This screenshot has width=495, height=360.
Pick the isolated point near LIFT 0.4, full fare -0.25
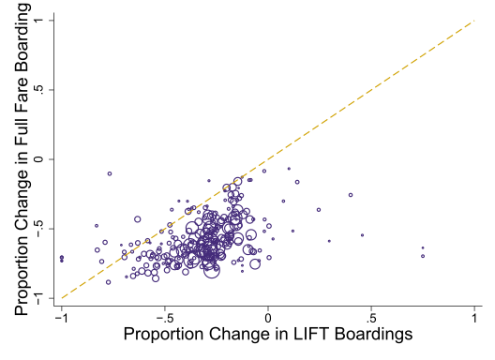click(351, 195)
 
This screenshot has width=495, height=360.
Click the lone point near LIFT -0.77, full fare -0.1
click(110, 173)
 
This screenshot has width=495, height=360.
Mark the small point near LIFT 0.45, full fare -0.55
click(362, 235)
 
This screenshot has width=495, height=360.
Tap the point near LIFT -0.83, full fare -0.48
click(96, 226)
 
